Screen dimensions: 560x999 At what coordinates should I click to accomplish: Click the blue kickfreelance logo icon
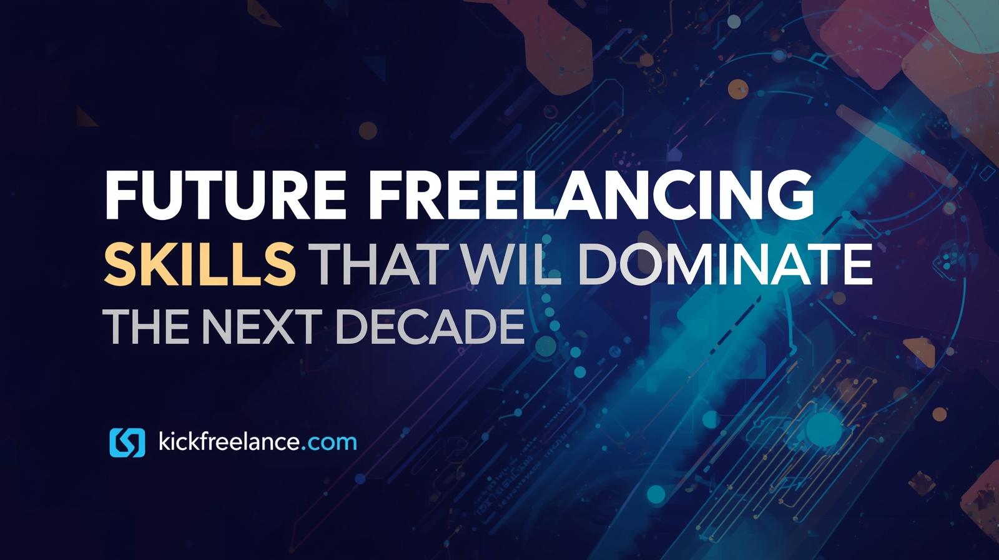click(127, 442)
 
